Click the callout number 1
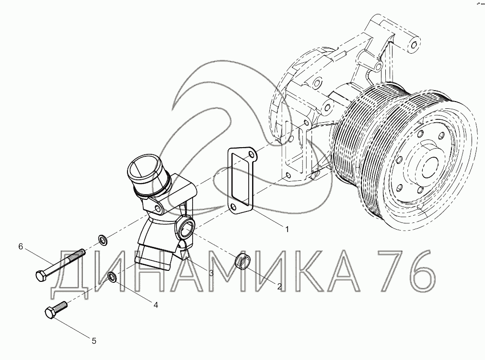click(x=287, y=230)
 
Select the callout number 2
click(x=279, y=286)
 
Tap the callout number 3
click(x=211, y=273)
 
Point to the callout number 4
click(x=156, y=305)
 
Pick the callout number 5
click(x=94, y=341)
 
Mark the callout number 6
click(x=21, y=246)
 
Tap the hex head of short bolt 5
click(x=50, y=313)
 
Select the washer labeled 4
click(x=112, y=278)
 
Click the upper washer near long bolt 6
click(x=103, y=240)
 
